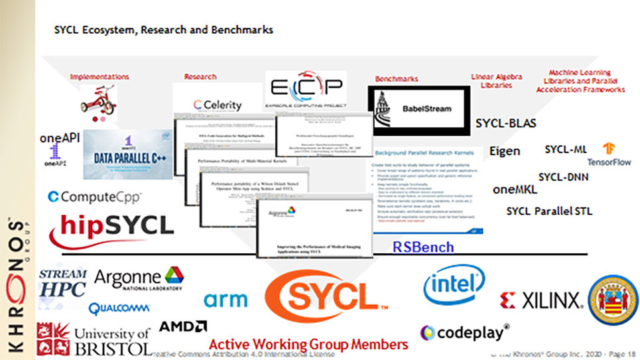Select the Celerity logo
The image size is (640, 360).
tap(218, 105)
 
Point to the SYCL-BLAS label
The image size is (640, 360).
tap(506, 123)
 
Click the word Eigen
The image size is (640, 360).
tap(505, 150)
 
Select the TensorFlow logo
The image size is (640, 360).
tap(608, 155)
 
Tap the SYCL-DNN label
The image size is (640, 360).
tap(563, 177)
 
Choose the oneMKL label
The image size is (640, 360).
tap(515, 189)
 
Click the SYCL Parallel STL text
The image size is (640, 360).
tap(549, 211)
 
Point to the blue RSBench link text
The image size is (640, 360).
tap(423, 247)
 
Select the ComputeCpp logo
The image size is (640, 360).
tap(95, 197)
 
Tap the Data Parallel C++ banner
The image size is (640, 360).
tap(127, 154)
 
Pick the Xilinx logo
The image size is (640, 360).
tap(542, 300)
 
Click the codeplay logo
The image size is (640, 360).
tap(465, 331)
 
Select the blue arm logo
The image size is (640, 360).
tap(225, 300)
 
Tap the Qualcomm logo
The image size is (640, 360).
tap(119, 308)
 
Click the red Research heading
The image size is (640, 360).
tap(200, 77)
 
